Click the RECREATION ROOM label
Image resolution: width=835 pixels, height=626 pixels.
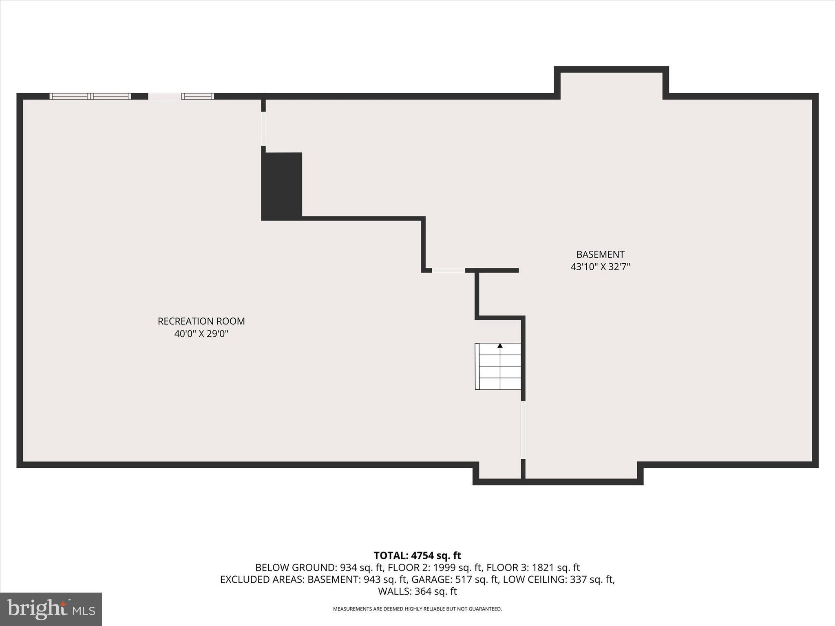pyautogui.click(x=201, y=321)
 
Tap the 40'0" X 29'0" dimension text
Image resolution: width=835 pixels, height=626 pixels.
pyautogui.click(x=201, y=334)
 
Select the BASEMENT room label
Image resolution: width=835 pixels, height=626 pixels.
pyautogui.click(x=600, y=254)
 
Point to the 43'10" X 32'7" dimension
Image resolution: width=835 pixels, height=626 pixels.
pyautogui.click(x=600, y=267)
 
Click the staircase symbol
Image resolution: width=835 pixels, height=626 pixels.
pyautogui.click(x=498, y=366)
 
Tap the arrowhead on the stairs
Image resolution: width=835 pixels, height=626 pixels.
pyautogui.click(x=500, y=346)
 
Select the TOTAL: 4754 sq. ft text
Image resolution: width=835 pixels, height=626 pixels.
pyautogui.click(x=417, y=555)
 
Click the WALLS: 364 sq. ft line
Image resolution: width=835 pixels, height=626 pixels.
pyautogui.click(x=417, y=591)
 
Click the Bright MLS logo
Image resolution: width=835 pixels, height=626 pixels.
pyautogui.click(x=51, y=609)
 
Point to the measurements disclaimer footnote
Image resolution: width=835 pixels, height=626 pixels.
pyautogui.click(x=417, y=609)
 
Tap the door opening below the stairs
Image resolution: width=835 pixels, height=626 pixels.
pyautogui.click(x=523, y=430)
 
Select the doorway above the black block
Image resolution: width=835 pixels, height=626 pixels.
pyautogui.click(x=263, y=128)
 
